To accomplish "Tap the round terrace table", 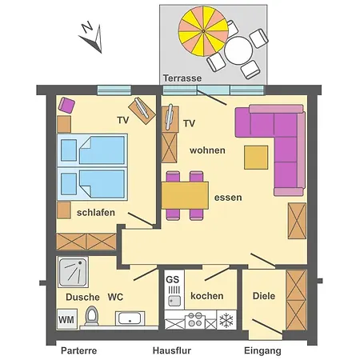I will pos(239,52).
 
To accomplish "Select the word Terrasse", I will pos(182,78).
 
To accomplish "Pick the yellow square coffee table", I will pos(256,156).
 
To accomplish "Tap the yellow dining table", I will pos(185,195).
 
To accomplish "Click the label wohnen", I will pos(207,150).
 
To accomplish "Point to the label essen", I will pos(228,196).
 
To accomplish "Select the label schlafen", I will pos(96,212).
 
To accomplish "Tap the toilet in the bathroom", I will pos(92,316).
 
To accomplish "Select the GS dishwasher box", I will pos(172,279).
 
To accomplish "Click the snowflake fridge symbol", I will pos(226,320).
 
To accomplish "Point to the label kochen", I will pos(206,295).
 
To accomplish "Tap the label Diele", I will pos(264,295).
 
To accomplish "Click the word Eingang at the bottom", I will pos(262,351).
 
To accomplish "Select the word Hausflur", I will pos(172,351).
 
